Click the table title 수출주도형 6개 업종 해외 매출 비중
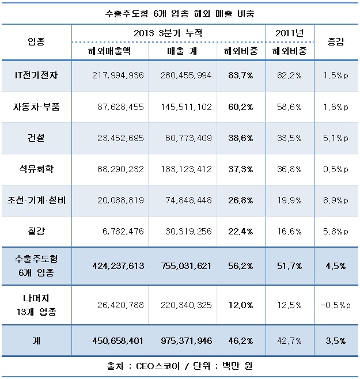tap(180, 13)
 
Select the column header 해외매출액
tap(109, 51)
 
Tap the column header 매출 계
tap(182, 51)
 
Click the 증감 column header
tap(336, 41)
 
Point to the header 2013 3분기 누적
tap(168, 33)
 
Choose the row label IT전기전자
tap(36, 75)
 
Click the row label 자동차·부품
tap(36, 107)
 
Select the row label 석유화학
tap(36, 169)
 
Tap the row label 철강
tap(36, 231)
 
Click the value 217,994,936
tap(118, 75)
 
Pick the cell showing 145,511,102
tap(186, 107)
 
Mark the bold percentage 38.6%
tap(241, 138)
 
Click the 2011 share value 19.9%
tap(289, 200)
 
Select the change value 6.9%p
tap(336, 200)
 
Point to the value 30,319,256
tap(188, 232)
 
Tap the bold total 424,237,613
tap(118, 266)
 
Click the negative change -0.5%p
tap(335, 305)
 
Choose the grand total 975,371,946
tap(187, 341)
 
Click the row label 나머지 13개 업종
tap(36, 305)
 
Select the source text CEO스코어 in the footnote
tap(158, 366)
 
